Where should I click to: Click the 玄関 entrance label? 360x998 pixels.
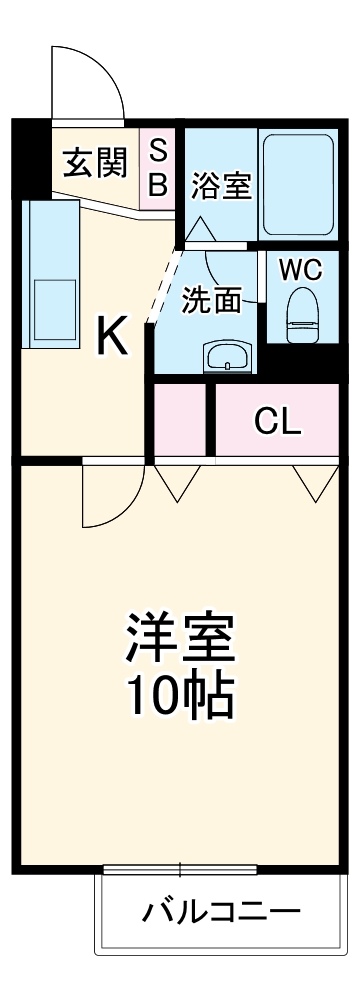[x=96, y=164]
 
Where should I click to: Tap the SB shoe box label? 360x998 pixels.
[x=159, y=166]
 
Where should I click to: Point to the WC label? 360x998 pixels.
[x=300, y=270]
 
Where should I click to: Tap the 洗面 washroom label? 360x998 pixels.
[x=212, y=301]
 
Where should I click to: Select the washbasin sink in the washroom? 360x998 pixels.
[x=228, y=355]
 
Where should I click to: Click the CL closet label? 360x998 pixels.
[x=277, y=423]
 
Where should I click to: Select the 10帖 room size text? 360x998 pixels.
[x=180, y=695]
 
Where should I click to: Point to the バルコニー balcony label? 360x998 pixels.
[x=220, y=912]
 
